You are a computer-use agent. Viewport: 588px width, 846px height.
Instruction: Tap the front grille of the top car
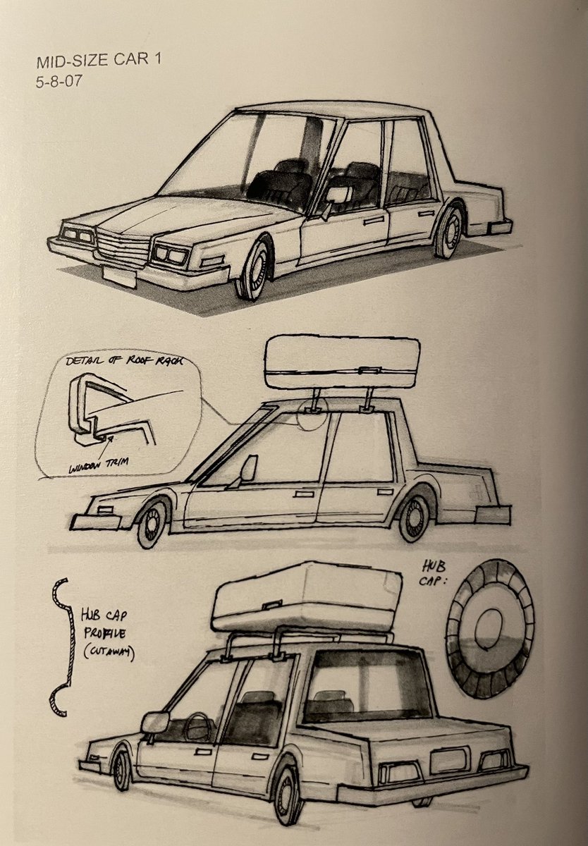123,246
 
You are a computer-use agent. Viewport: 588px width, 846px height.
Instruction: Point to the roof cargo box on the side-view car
343,362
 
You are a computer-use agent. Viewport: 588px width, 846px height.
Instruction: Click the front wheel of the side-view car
152,524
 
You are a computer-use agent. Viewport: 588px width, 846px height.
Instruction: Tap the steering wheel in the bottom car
200,726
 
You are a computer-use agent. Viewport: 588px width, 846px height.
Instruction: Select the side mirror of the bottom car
155,723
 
